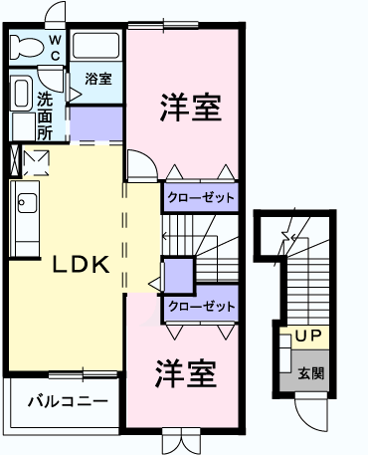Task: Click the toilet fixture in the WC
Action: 27,47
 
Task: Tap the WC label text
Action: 55,48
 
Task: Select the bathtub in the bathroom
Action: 95,46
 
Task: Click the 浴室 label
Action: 98,79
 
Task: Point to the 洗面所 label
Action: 45,116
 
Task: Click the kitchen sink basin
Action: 28,203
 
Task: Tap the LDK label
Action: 82,265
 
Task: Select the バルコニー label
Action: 68,401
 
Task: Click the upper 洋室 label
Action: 191,108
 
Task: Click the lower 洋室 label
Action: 186,373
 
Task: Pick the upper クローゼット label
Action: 201,198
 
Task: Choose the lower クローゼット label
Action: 202,307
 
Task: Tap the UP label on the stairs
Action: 308,337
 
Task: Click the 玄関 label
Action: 311,373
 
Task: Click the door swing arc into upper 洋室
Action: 142,165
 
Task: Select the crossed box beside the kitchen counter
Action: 15,160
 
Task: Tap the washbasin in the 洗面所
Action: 22,93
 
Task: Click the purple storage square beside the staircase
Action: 179,276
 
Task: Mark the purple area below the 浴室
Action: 96,123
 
